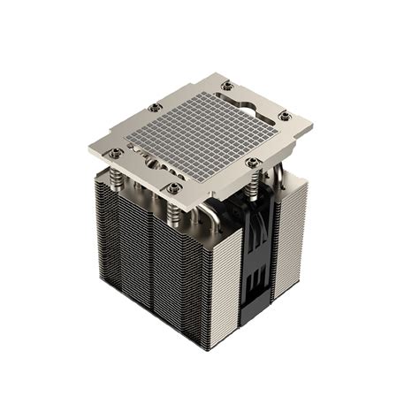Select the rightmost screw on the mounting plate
[x=285, y=115]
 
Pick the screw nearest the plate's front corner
[x=174, y=187]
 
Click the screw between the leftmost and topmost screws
[x=156, y=107]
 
